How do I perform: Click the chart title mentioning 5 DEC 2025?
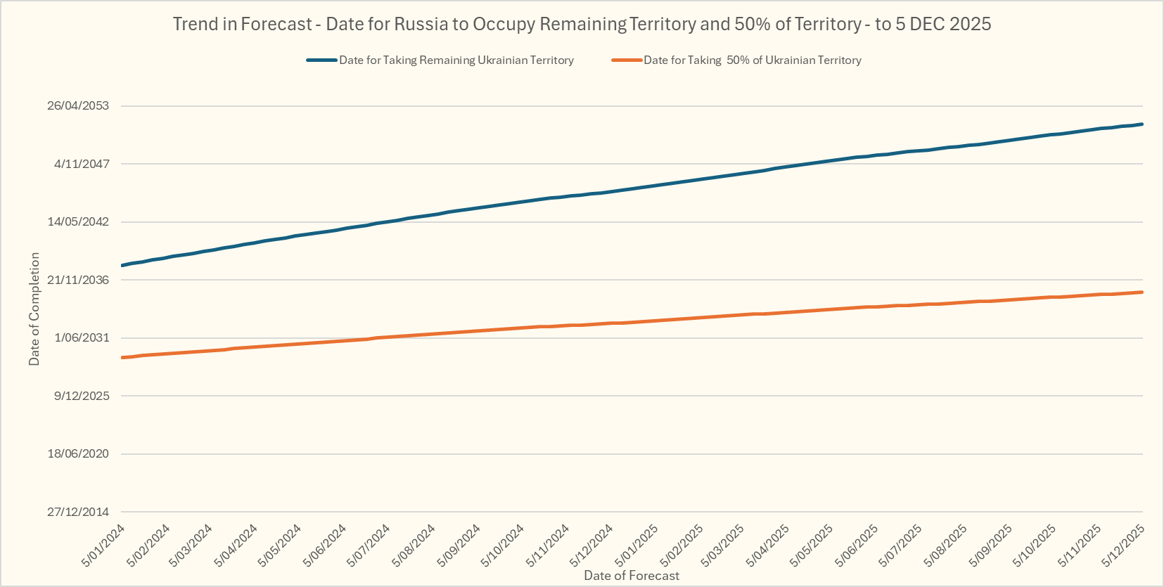click(x=582, y=24)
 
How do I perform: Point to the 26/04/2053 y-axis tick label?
click(x=78, y=106)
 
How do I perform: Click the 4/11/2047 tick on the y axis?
click(x=82, y=164)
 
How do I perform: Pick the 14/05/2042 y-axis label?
click(x=78, y=222)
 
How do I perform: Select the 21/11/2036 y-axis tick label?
click(x=78, y=280)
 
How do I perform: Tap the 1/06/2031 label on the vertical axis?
click(x=82, y=338)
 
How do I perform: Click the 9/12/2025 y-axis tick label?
click(x=82, y=396)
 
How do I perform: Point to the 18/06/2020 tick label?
click(x=78, y=454)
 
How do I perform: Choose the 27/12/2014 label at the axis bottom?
click(x=78, y=512)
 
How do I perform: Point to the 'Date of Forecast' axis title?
click(x=632, y=576)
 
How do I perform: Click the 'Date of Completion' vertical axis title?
click(x=34, y=309)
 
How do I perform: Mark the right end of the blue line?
click(x=1141, y=124)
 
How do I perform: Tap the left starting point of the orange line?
click(x=122, y=358)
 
